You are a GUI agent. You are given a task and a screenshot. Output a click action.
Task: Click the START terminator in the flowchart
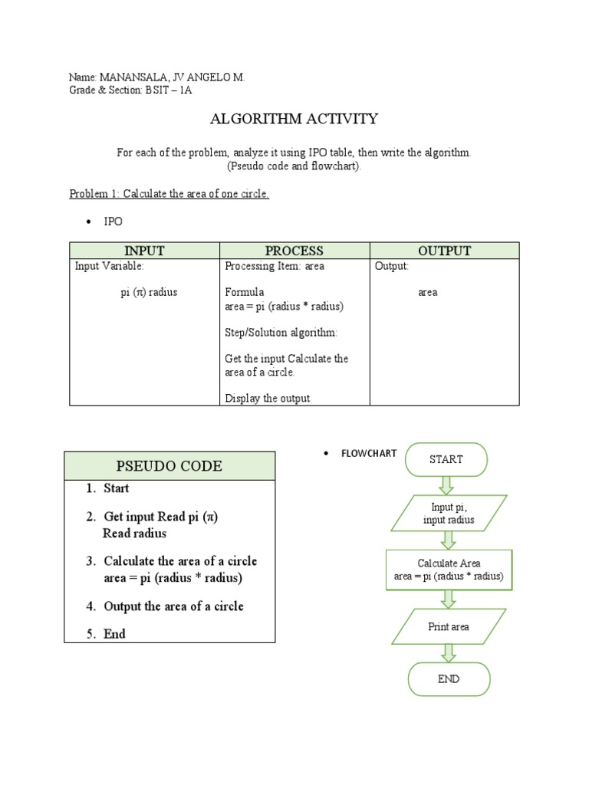[x=446, y=459]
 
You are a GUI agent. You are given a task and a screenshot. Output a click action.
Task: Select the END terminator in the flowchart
[x=449, y=679]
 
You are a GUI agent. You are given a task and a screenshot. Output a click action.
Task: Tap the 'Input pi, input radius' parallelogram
[x=449, y=514]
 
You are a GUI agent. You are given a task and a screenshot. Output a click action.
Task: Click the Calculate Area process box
[x=449, y=570]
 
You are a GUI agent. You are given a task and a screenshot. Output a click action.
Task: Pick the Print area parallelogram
[x=449, y=626]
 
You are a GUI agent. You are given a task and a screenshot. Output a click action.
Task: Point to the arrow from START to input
[x=447, y=484]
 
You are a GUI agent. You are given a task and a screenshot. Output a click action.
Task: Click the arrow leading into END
[x=449, y=653]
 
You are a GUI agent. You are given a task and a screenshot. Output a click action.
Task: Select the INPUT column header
[x=145, y=251]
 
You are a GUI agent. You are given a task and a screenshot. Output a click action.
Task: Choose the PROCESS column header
[x=294, y=251]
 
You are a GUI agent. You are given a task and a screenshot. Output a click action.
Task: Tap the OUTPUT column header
[x=445, y=251]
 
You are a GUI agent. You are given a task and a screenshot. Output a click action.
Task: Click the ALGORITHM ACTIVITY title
[x=294, y=119]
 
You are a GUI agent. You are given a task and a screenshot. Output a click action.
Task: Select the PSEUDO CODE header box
[x=169, y=465]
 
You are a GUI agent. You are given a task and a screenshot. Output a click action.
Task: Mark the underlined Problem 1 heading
[x=169, y=194]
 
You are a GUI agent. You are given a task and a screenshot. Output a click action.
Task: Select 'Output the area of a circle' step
[x=173, y=606]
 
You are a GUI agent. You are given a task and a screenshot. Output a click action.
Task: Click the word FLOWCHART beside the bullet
[x=369, y=453]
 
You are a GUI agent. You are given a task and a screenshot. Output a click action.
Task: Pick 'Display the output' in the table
[x=268, y=399]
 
